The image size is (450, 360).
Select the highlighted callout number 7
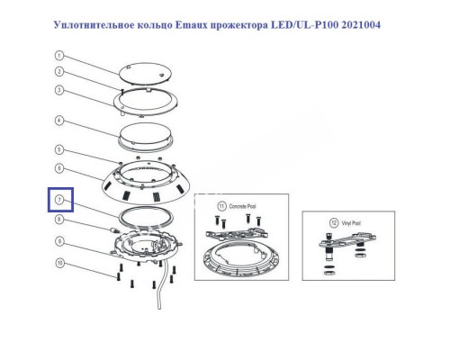pyautogui.click(x=58, y=199)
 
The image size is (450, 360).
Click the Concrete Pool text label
pyautogui.click(x=241, y=206)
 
